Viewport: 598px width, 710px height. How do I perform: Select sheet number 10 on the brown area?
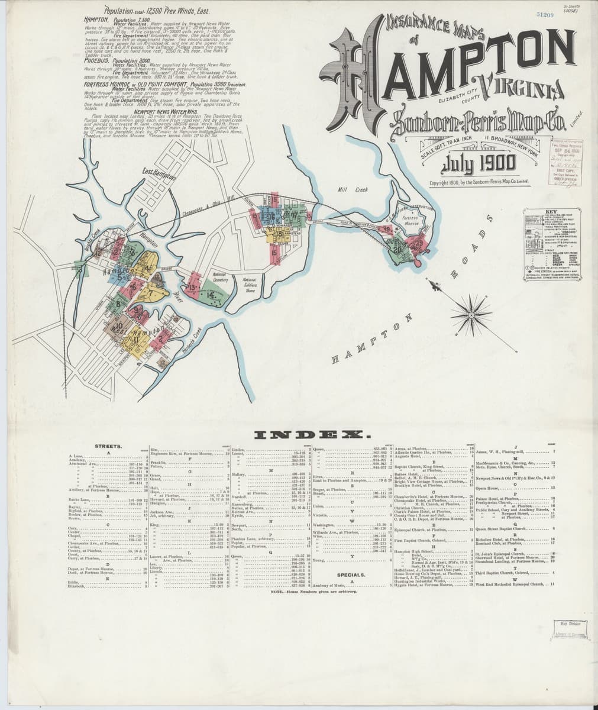click(x=119, y=325)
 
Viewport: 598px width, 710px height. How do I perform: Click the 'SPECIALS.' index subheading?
click(x=350, y=575)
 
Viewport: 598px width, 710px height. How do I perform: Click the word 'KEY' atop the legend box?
click(x=551, y=211)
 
